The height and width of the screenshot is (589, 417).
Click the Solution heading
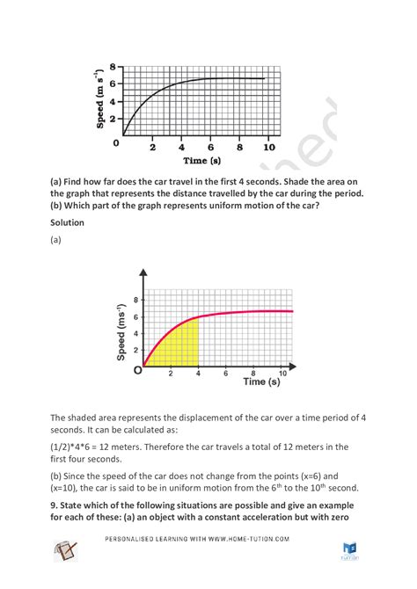click(67, 223)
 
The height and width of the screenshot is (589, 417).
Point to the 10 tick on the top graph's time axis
click(269, 148)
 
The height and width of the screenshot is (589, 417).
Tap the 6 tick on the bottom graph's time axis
click(226, 373)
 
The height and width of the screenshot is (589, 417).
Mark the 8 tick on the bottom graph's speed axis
click(135, 300)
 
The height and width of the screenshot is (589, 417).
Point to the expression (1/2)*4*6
click(78, 447)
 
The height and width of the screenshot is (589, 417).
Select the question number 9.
click(55, 504)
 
